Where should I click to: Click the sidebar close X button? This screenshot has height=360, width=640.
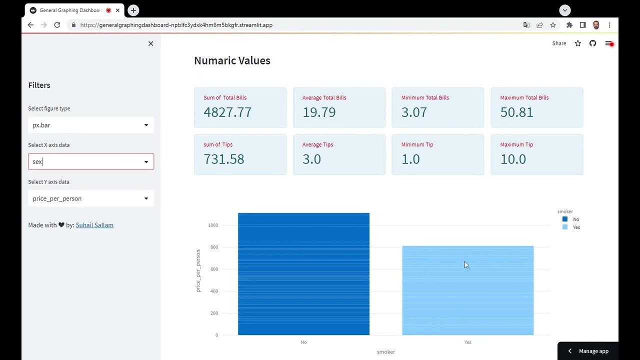[x=150, y=43]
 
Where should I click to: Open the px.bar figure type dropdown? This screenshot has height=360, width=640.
[x=90, y=125]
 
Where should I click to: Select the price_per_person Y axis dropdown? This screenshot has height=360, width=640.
[x=90, y=198]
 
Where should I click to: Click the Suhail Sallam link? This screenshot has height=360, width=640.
[x=94, y=225]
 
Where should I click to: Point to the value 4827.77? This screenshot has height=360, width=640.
[x=227, y=112]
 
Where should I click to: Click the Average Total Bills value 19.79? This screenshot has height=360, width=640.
[x=319, y=112]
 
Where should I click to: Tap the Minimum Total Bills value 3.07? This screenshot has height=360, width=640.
[x=414, y=112]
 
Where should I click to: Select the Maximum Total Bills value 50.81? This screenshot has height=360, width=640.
[x=516, y=112]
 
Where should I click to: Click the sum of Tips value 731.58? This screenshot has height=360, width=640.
[x=224, y=159]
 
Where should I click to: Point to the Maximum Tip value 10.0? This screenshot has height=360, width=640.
[x=513, y=159]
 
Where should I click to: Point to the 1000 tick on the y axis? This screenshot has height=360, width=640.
[x=213, y=225]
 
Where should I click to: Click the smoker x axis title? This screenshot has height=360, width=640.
[x=385, y=352]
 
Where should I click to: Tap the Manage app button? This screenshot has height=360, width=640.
[x=588, y=351]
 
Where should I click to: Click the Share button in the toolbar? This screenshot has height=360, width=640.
[x=559, y=43]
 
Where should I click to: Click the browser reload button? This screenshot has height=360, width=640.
[x=57, y=25]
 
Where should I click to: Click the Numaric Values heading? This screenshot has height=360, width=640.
[x=232, y=60]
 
